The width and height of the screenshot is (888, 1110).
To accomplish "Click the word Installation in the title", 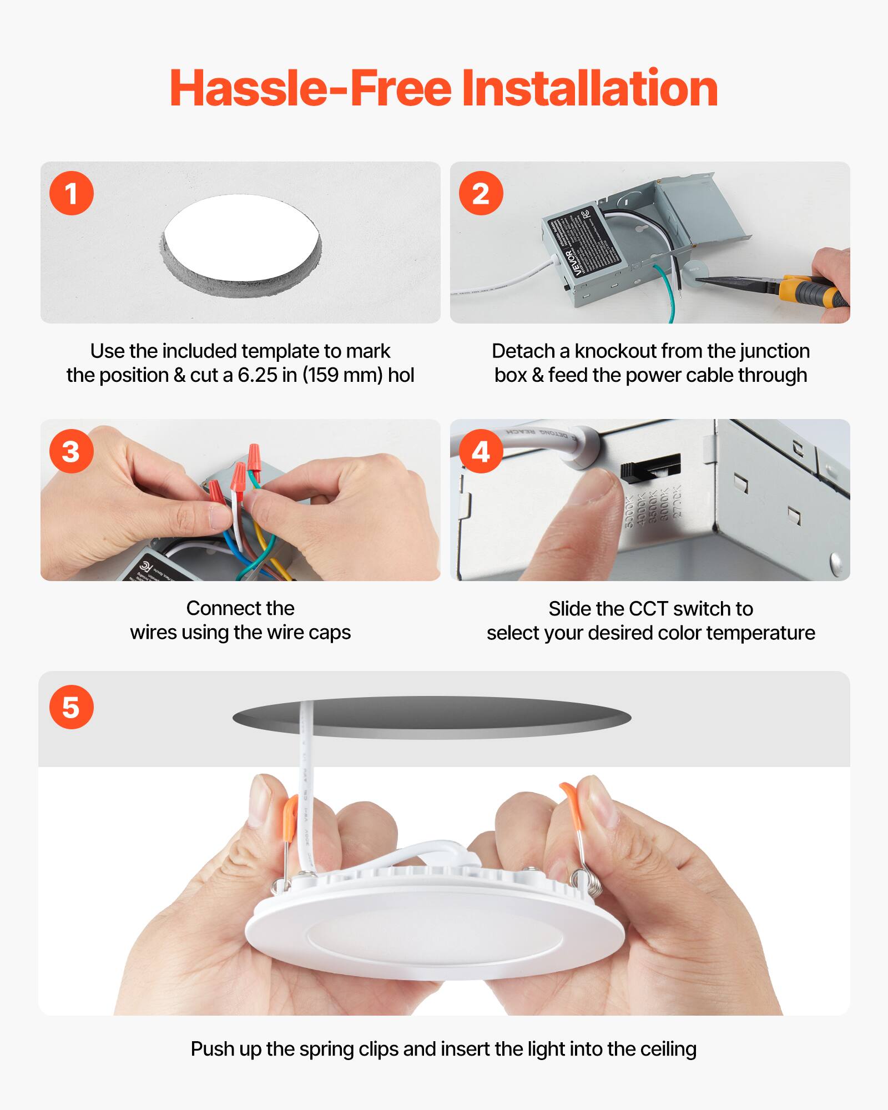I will pyautogui.click(x=589, y=89).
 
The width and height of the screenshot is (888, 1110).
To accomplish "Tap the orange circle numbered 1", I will pyautogui.click(x=72, y=194).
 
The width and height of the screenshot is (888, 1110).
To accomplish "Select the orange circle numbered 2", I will pyautogui.click(x=481, y=194).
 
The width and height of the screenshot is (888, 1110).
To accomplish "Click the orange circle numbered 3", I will pyautogui.click(x=72, y=451).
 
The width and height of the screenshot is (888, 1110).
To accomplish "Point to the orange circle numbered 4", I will pyautogui.click(x=481, y=451).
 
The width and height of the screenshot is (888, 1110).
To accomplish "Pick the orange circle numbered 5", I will pyautogui.click(x=72, y=707).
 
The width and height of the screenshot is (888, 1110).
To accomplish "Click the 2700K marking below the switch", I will pyautogui.click(x=677, y=502).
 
